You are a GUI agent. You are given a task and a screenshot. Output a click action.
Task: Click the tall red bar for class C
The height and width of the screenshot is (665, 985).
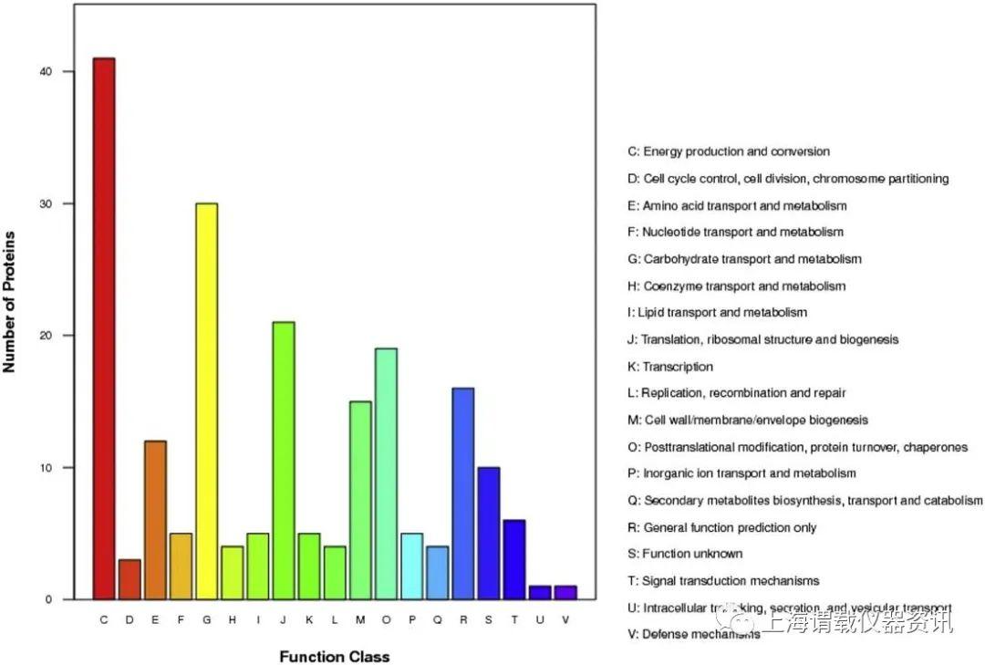[x=104, y=328]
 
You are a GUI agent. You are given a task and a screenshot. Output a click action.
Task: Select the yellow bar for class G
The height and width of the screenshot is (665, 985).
[x=206, y=401]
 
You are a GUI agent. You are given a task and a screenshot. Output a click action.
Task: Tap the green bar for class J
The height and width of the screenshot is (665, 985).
[x=284, y=461]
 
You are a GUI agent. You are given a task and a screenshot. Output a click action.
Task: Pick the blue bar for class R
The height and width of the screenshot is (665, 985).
[x=462, y=494]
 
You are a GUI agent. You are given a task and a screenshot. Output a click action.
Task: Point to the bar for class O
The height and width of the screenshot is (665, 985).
[x=386, y=473]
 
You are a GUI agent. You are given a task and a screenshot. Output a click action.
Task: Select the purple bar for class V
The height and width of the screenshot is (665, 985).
[x=565, y=592]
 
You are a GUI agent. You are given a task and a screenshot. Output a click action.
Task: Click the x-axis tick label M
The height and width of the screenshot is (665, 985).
[x=360, y=620]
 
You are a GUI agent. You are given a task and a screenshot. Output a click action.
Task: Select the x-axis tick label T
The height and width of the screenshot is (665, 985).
[x=514, y=620]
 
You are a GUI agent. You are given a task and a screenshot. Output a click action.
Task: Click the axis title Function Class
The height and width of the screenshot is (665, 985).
[x=334, y=657]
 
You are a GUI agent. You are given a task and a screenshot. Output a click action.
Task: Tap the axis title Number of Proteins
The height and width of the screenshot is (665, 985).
[x=11, y=302]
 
